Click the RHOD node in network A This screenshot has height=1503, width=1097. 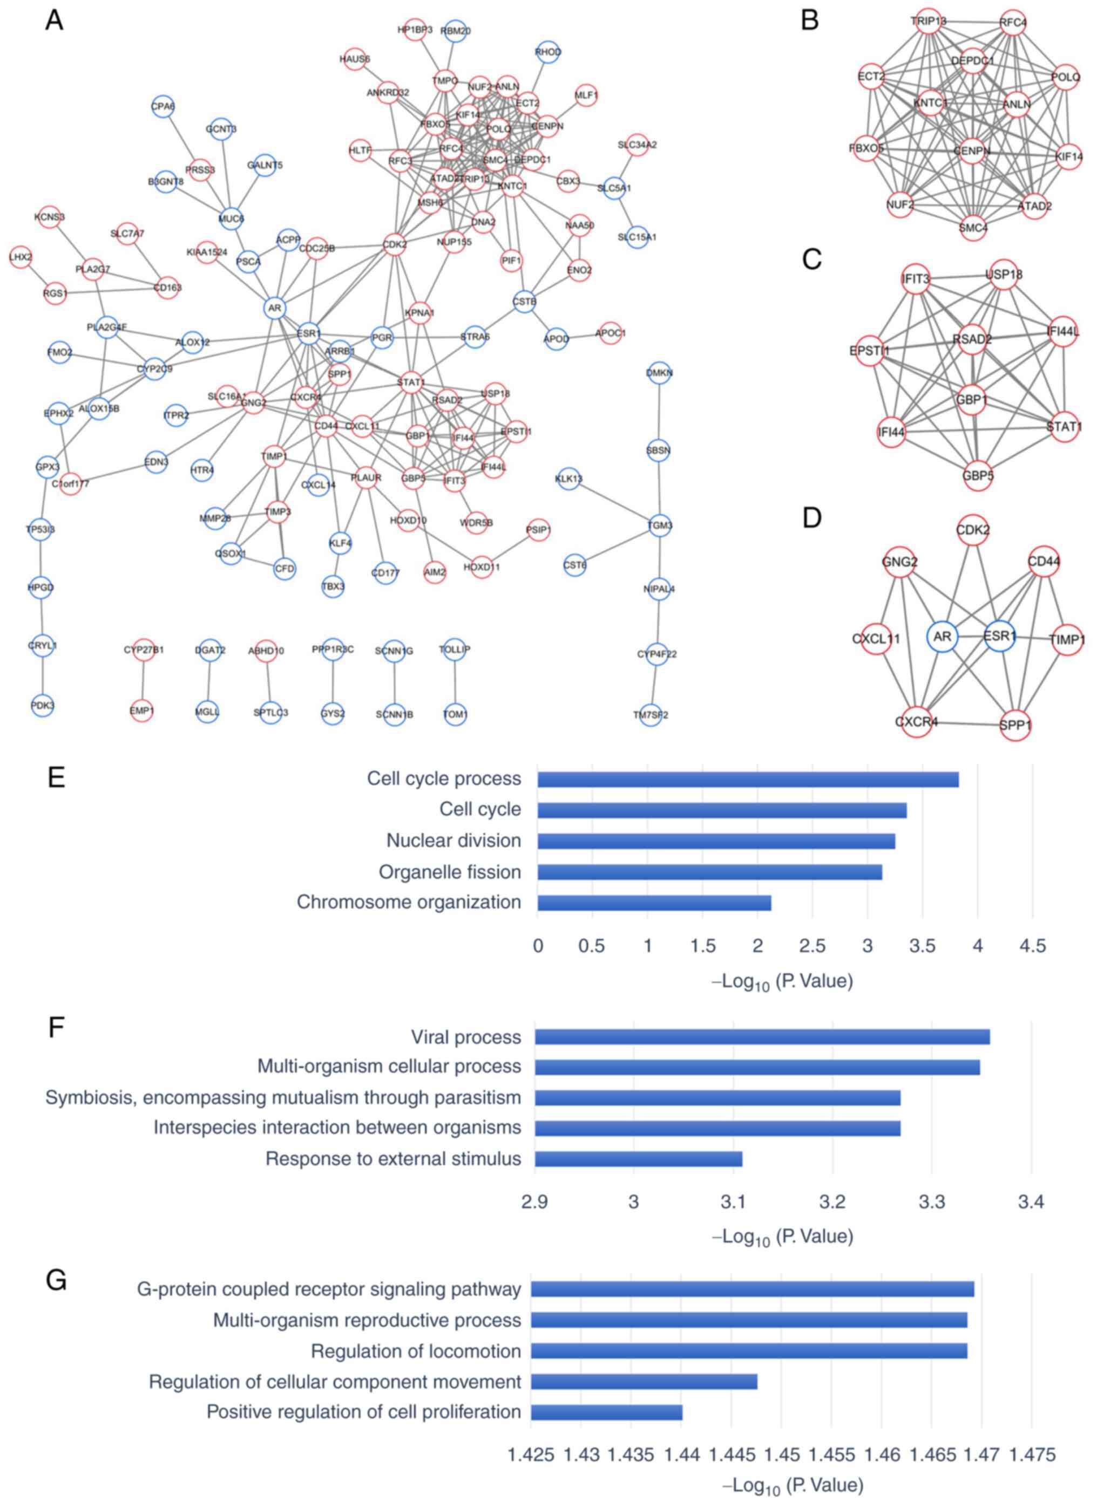(x=547, y=52)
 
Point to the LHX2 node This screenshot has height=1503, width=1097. (x=21, y=257)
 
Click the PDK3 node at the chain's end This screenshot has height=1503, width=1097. (x=43, y=706)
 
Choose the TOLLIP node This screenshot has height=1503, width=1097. (x=455, y=649)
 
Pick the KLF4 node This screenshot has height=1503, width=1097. (x=340, y=543)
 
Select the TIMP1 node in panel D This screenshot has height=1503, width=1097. (x=1067, y=640)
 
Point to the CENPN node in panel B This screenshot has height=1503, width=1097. (x=972, y=151)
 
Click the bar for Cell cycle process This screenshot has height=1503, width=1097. (x=748, y=779)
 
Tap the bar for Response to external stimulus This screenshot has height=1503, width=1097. (x=638, y=1159)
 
